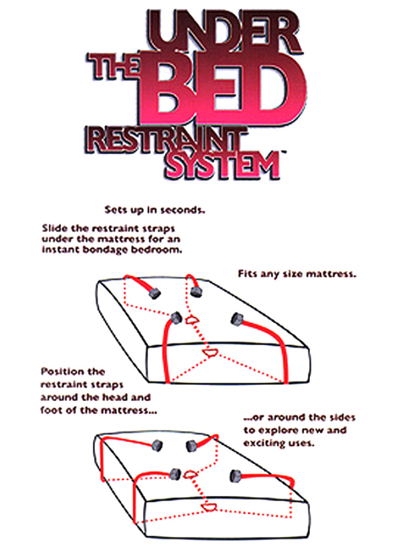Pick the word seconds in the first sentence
(185, 210)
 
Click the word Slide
(54, 229)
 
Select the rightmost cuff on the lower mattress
(236, 476)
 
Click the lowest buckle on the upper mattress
(208, 352)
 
